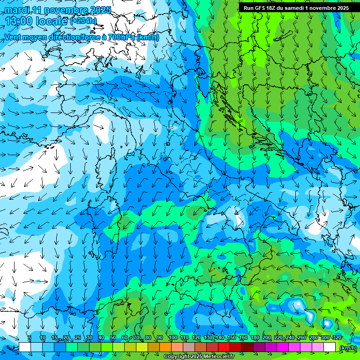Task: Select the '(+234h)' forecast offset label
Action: pyautogui.click(x=83, y=21)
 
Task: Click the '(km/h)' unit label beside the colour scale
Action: pyautogui.click(x=347, y=348)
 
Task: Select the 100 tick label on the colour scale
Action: pyautogui.click(x=172, y=337)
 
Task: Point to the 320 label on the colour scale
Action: pyautogui.click(x=337, y=337)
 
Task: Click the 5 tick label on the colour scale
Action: pyautogui.click(x=29, y=337)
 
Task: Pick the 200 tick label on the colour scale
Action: pyautogui.click(x=267, y=337)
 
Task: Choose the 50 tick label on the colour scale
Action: pyautogui.click(x=113, y=337)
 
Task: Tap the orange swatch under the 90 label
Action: pyautogui.click(x=165, y=347)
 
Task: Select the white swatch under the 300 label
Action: pyautogui.click(x=330, y=347)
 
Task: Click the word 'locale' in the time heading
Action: pyautogui.click(x=52, y=21)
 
